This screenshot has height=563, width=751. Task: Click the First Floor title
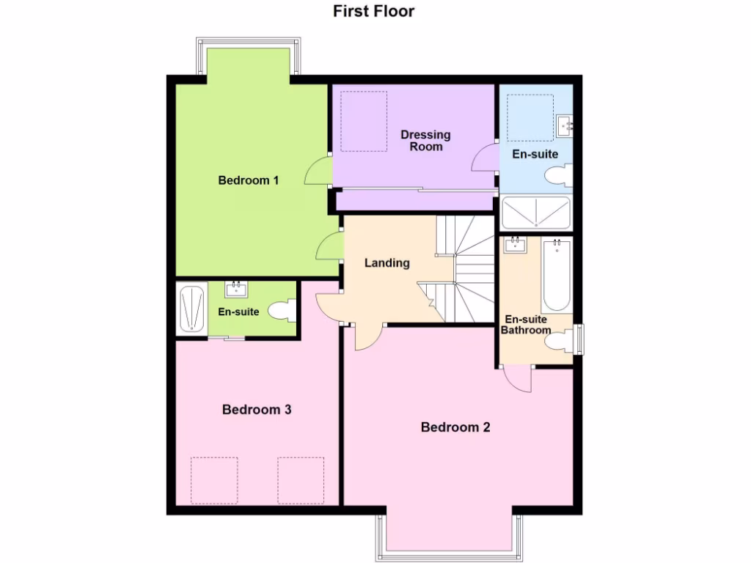tap(374, 11)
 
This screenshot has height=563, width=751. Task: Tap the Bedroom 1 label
tap(249, 180)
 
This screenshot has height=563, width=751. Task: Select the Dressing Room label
tap(425, 141)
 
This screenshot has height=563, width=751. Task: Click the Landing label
tap(387, 263)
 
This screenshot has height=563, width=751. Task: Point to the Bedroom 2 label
tap(455, 427)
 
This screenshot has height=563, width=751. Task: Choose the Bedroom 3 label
tap(257, 410)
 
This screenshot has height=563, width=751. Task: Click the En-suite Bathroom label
tap(525, 325)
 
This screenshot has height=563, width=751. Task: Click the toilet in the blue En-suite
tap(559, 175)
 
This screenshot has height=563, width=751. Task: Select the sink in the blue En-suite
tap(565, 125)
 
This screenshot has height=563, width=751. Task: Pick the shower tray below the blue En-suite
tap(537, 212)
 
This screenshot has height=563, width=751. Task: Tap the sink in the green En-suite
tap(236, 290)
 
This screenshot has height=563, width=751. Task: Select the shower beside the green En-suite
tap(191, 309)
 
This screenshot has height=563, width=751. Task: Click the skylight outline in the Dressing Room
tap(363, 122)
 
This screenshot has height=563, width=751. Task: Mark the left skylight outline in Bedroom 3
tap(214, 480)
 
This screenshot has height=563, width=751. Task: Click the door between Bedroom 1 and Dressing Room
tap(319, 173)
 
